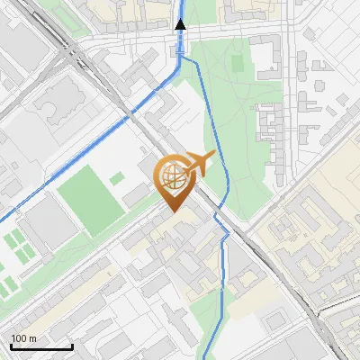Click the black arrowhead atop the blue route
[181, 24]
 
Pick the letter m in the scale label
[33, 338]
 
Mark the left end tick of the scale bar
[11, 346]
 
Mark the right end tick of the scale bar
[72, 346]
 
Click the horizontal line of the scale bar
[41, 347]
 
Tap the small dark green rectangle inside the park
[237, 64]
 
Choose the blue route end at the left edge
[3, 218]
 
